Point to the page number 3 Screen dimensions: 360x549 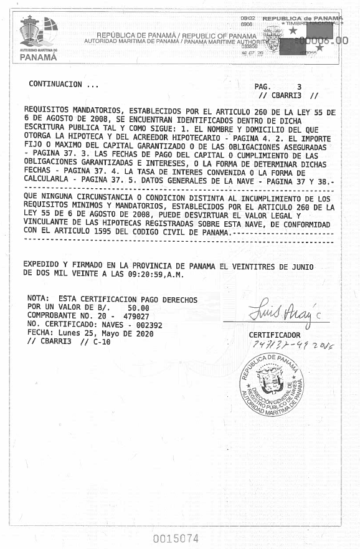pyautogui.click(x=299, y=87)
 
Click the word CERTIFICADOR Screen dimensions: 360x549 pyautogui.click(x=275, y=335)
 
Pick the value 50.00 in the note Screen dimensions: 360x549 pyautogui.click(x=138, y=308)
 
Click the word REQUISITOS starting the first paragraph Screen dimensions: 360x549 pyautogui.click(x=48, y=112)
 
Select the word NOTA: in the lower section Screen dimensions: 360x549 pyautogui.click(x=41, y=299)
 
